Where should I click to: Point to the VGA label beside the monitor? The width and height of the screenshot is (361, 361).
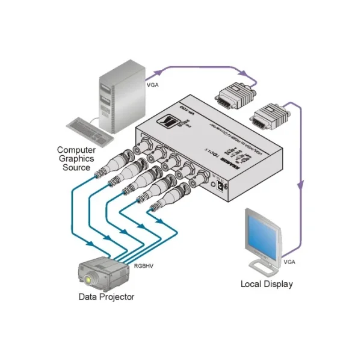pos(289,262)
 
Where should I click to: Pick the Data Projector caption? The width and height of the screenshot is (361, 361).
pos(106,297)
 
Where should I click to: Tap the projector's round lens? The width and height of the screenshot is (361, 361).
pos(91,279)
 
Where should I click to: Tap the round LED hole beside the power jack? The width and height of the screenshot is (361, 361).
pos(212,179)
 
